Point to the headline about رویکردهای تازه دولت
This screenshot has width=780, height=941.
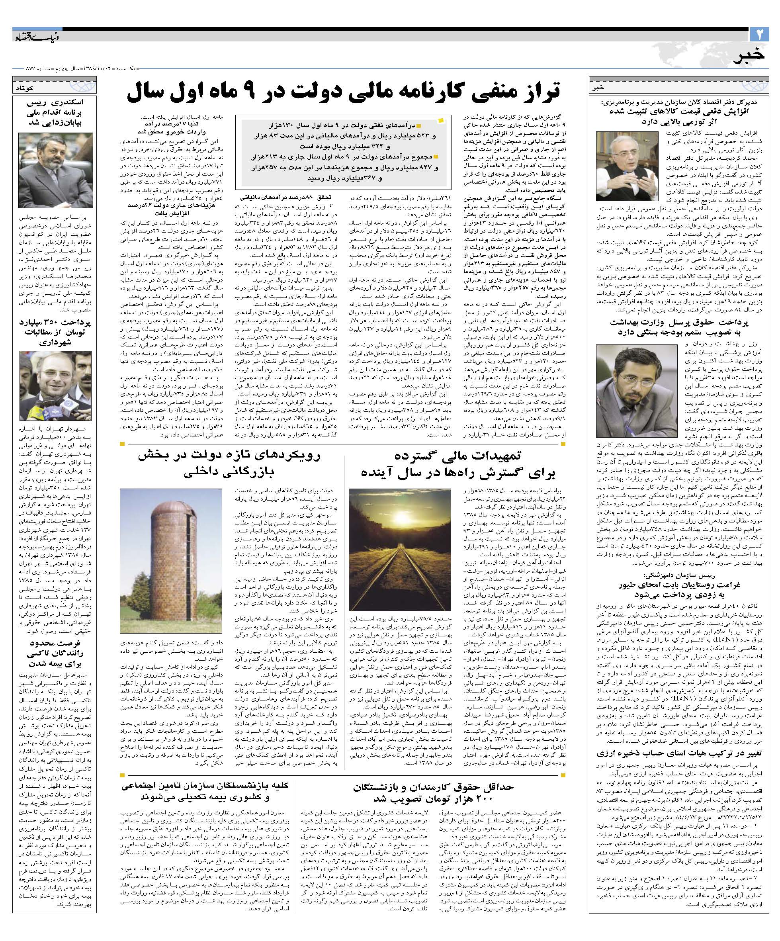230,464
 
